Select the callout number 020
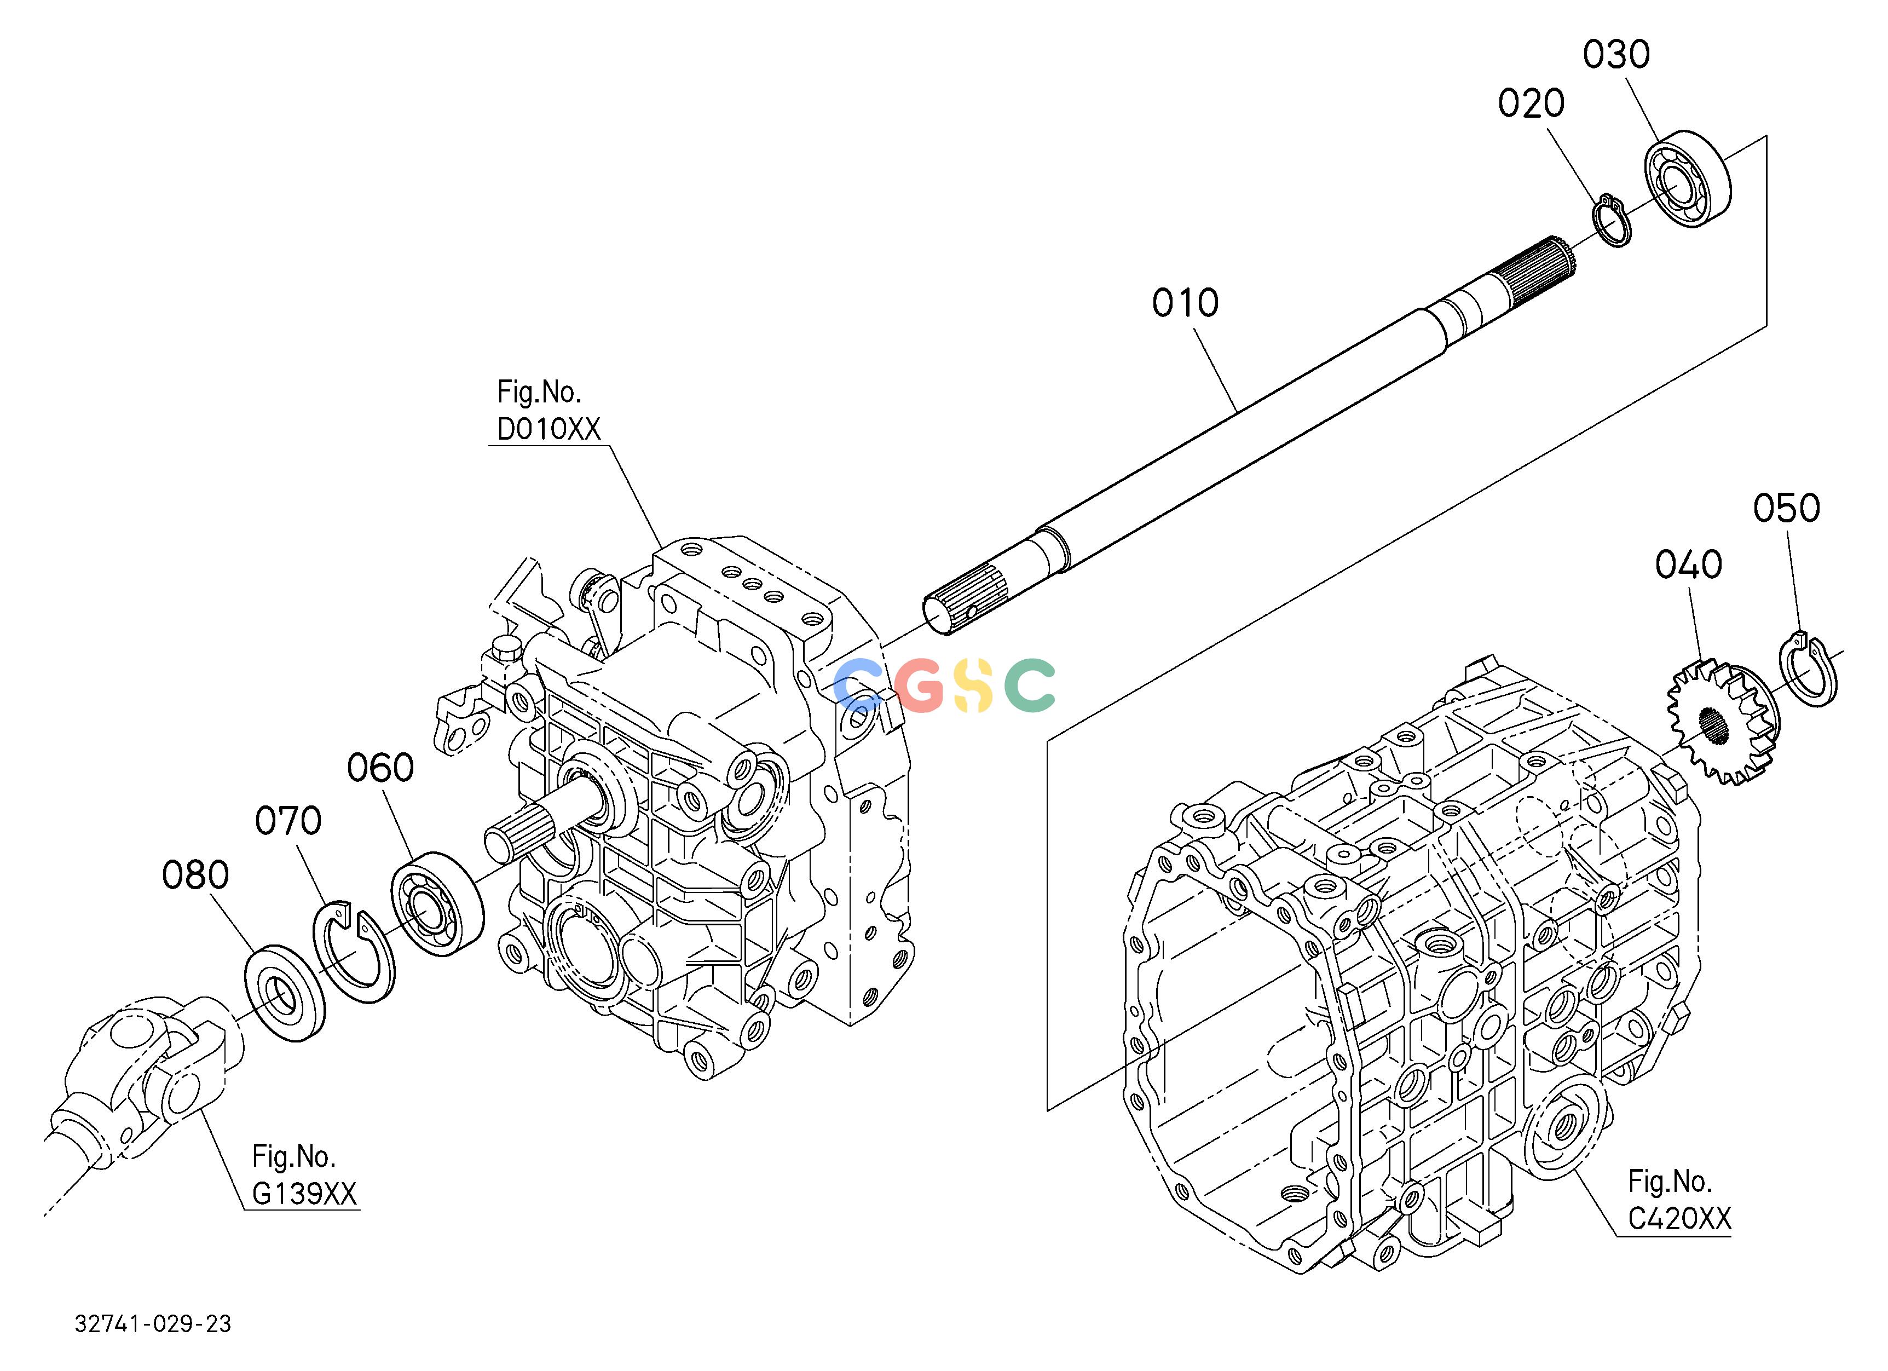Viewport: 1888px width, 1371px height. click(1531, 103)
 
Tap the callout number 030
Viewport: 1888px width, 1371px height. click(1616, 55)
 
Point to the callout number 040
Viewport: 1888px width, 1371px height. click(1688, 565)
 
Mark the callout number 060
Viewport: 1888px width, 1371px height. click(380, 768)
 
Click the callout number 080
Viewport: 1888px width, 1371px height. click(195, 875)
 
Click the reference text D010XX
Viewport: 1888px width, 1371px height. click(548, 429)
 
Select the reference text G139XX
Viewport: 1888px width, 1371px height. click(304, 1195)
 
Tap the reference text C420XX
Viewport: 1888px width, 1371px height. click(1679, 1219)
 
